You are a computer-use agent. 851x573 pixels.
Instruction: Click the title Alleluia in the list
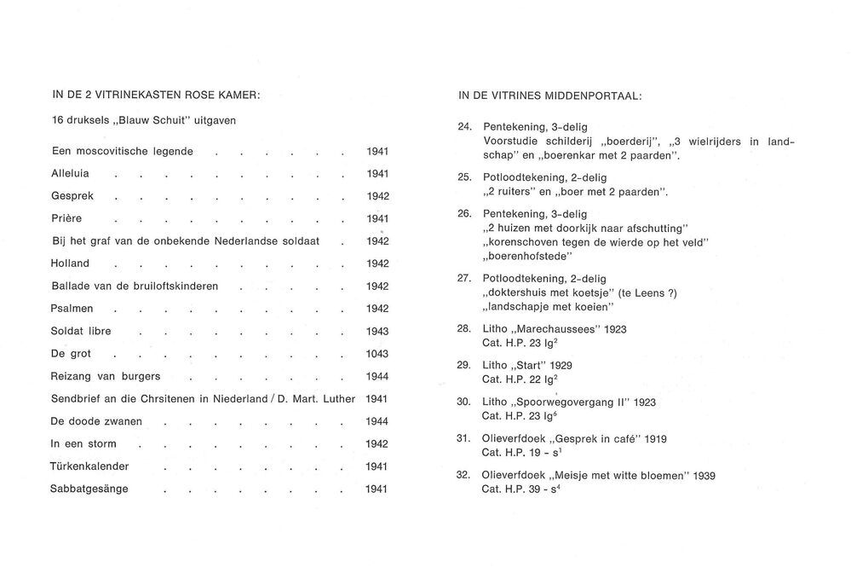click(x=71, y=173)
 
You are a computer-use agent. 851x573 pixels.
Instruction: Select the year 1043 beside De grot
click(x=377, y=354)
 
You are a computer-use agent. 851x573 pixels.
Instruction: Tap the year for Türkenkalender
click(x=377, y=466)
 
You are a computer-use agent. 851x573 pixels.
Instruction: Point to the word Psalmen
click(x=72, y=308)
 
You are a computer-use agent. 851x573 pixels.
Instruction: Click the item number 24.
click(x=464, y=127)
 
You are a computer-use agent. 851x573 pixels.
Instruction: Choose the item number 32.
click(x=464, y=475)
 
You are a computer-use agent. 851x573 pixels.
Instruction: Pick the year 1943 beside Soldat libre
click(x=377, y=331)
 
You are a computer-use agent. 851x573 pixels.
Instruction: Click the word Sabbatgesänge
click(x=89, y=489)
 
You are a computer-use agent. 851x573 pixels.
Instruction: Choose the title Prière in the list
click(x=66, y=218)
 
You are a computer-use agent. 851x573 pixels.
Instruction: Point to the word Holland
click(x=71, y=263)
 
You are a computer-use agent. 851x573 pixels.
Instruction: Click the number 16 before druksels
click(x=58, y=120)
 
